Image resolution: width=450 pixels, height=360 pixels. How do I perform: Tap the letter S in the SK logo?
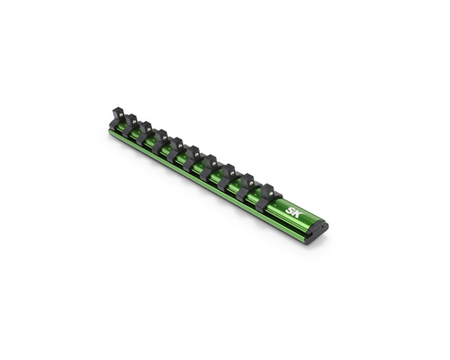click(x=290, y=211)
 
